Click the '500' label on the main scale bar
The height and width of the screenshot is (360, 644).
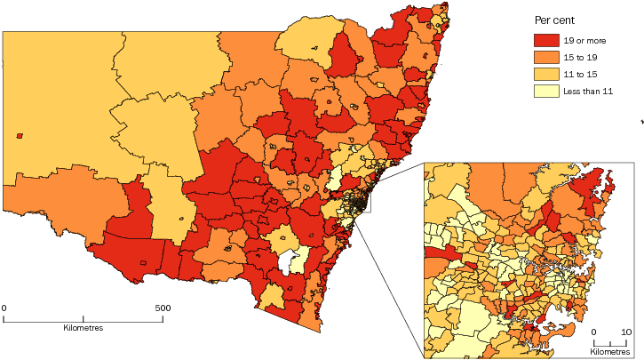pos(163,308)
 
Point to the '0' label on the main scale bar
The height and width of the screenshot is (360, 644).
pos(4,308)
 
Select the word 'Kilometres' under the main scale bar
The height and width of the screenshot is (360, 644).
pos(83,329)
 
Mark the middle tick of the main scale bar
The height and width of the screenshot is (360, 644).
pos(83,318)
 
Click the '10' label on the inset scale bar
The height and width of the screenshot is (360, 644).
pos(626,332)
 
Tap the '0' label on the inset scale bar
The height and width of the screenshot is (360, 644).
pos(595,332)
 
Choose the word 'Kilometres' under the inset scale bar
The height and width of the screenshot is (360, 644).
pos(611,352)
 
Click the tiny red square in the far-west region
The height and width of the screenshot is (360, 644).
pos(20,136)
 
